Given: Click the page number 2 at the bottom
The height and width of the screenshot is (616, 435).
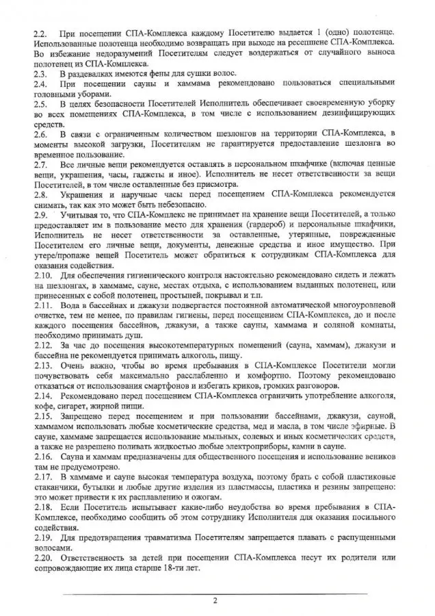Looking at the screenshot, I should (x=215, y=602).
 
